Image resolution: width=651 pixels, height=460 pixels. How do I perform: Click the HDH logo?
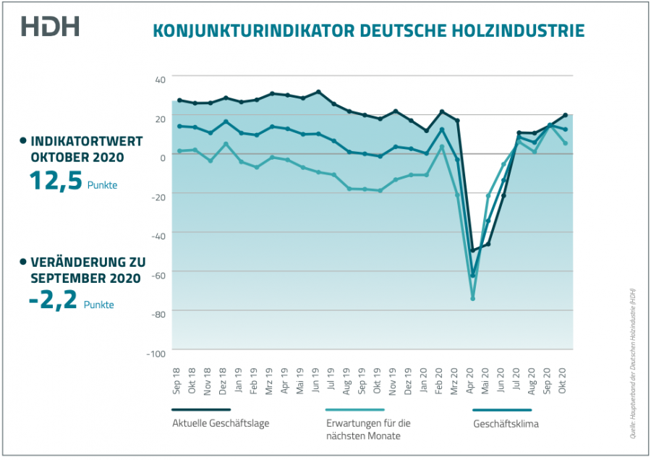pyautogui.click(x=50, y=27)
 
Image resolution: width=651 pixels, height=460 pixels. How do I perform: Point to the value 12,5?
pyautogui.click(x=55, y=180)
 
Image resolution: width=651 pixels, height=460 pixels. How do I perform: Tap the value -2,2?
pyautogui.click(x=53, y=299)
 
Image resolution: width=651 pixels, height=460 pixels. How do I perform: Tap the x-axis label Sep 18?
pyautogui.click(x=177, y=380)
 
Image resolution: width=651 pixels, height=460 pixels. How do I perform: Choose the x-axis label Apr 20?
pyautogui.click(x=472, y=380)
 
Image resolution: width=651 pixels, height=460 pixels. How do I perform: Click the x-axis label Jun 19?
pyautogui.click(x=317, y=380)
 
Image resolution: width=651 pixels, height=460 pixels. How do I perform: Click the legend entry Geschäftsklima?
pyautogui.click(x=506, y=423)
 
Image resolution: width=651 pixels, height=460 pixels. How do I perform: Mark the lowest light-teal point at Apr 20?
pyautogui.click(x=472, y=298)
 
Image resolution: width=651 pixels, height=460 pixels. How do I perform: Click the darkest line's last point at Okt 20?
pyautogui.click(x=565, y=115)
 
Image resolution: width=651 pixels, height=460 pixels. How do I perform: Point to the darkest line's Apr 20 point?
pyautogui.click(x=472, y=250)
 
